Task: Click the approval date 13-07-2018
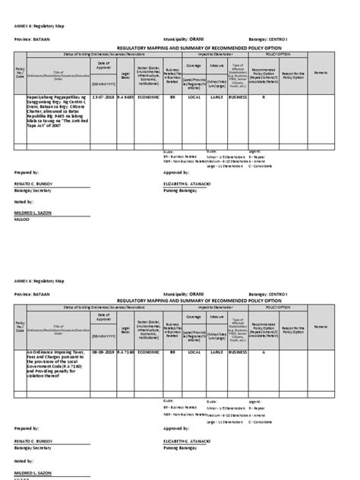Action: [102, 98]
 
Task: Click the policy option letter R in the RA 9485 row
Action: [264, 98]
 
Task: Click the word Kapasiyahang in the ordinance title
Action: [40, 98]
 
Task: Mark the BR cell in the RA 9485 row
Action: [172, 98]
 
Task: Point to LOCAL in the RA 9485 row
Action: [194, 98]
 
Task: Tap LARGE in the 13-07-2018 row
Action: [216, 98]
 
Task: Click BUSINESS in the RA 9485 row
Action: [238, 98]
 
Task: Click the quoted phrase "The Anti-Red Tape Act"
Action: [68, 120]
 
